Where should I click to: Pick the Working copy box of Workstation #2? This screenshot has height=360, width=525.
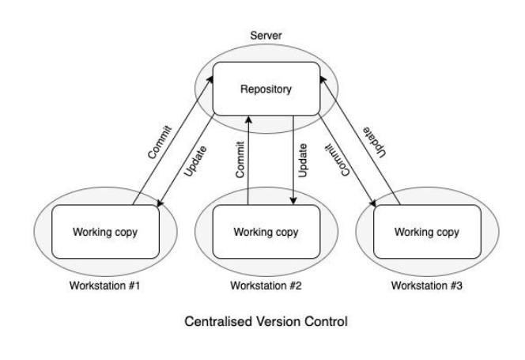tap(261, 232)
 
